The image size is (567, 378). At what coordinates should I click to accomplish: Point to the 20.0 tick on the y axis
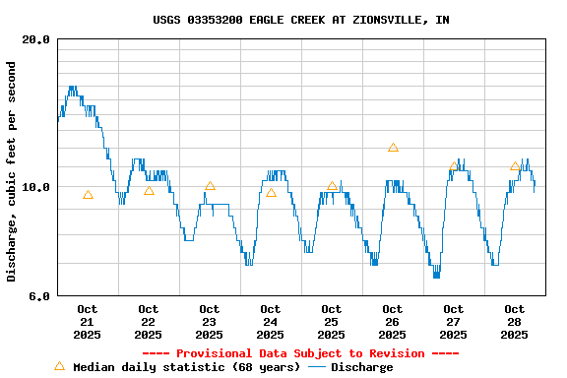pyautogui.click(x=36, y=39)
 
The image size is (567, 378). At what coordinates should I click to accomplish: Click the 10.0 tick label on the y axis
pyautogui.click(x=36, y=187)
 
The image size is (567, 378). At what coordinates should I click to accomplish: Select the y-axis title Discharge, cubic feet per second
pyautogui.click(x=12, y=171)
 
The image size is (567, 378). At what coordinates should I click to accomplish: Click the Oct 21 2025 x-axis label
pyautogui.click(x=87, y=322)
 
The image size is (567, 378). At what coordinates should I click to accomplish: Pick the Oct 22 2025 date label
pyautogui.click(x=148, y=322)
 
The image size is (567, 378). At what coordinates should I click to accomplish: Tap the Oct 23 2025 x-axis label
pyautogui.click(x=209, y=322)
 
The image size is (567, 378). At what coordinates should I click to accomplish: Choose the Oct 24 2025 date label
pyautogui.click(x=270, y=322)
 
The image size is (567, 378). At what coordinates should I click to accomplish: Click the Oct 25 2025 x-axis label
pyautogui.click(x=331, y=322)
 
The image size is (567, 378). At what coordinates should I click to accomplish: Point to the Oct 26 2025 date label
pyautogui.click(x=392, y=322)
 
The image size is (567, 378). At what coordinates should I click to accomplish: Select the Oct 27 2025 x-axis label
pyautogui.click(x=453, y=322)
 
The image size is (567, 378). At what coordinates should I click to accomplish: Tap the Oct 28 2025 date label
pyautogui.click(x=514, y=322)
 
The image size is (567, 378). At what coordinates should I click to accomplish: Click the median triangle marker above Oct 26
pyautogui.click(x=393, y=148)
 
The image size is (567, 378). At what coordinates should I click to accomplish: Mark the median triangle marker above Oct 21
pyautogui.click(x=88, y=195)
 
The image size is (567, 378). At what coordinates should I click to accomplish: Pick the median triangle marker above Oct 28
pyautogui.click(x=515, y=166)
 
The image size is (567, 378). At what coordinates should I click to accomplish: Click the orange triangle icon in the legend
pyautogui.click(x=59, y=366)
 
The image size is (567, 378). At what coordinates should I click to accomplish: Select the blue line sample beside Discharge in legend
pyautogui.click(x=316, y=367)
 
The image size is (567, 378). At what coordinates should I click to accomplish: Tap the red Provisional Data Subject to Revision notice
pyautogui.click(x=300, y=353)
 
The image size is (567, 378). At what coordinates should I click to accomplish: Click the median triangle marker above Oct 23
pyautogui.click(x=210, y=186)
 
